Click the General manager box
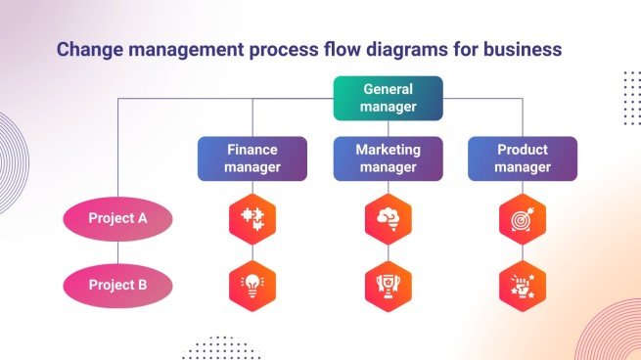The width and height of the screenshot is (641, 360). pyautogui.click(x=388, y=98)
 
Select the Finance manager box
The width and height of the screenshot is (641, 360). pyautogui.click(x=252, y=158)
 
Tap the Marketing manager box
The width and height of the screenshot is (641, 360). pyautogui.click(x=388, y=158)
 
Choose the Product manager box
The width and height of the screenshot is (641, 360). pyautogui.click(x=522, y=158)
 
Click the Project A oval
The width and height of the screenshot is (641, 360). pyautogui.click(x=117, y=218)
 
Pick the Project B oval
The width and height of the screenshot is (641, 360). pyautogui.click(x=117, y=286)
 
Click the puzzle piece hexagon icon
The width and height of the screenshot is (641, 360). pyautogui.click(x=252, y=219)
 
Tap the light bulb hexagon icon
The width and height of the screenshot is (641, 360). pyautogui.click(x=252, y=286)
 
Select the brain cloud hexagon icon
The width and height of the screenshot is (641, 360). pyautogui.click(x=388, y=219)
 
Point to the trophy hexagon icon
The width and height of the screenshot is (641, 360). pyautogui.click(x=388, y=286)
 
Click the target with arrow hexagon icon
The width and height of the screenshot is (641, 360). pyautogui.click(x=522, y=219)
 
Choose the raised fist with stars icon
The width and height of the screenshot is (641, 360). pyautogui.click(x=522, y=286)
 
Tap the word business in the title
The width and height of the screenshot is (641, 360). pyautogui.click(x=526, y=48)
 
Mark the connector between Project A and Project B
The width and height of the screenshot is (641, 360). pyautogui.click(x=117, y=252)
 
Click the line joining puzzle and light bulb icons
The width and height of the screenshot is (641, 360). pyautogui.click(x=252, y=252)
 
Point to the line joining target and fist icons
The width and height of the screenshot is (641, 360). pyautogui.click(x=522, y=252)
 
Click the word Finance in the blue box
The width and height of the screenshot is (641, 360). pyautogui.click(x=252, y=151)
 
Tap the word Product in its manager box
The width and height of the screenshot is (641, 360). pyautogui.click(x=522, y=151)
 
